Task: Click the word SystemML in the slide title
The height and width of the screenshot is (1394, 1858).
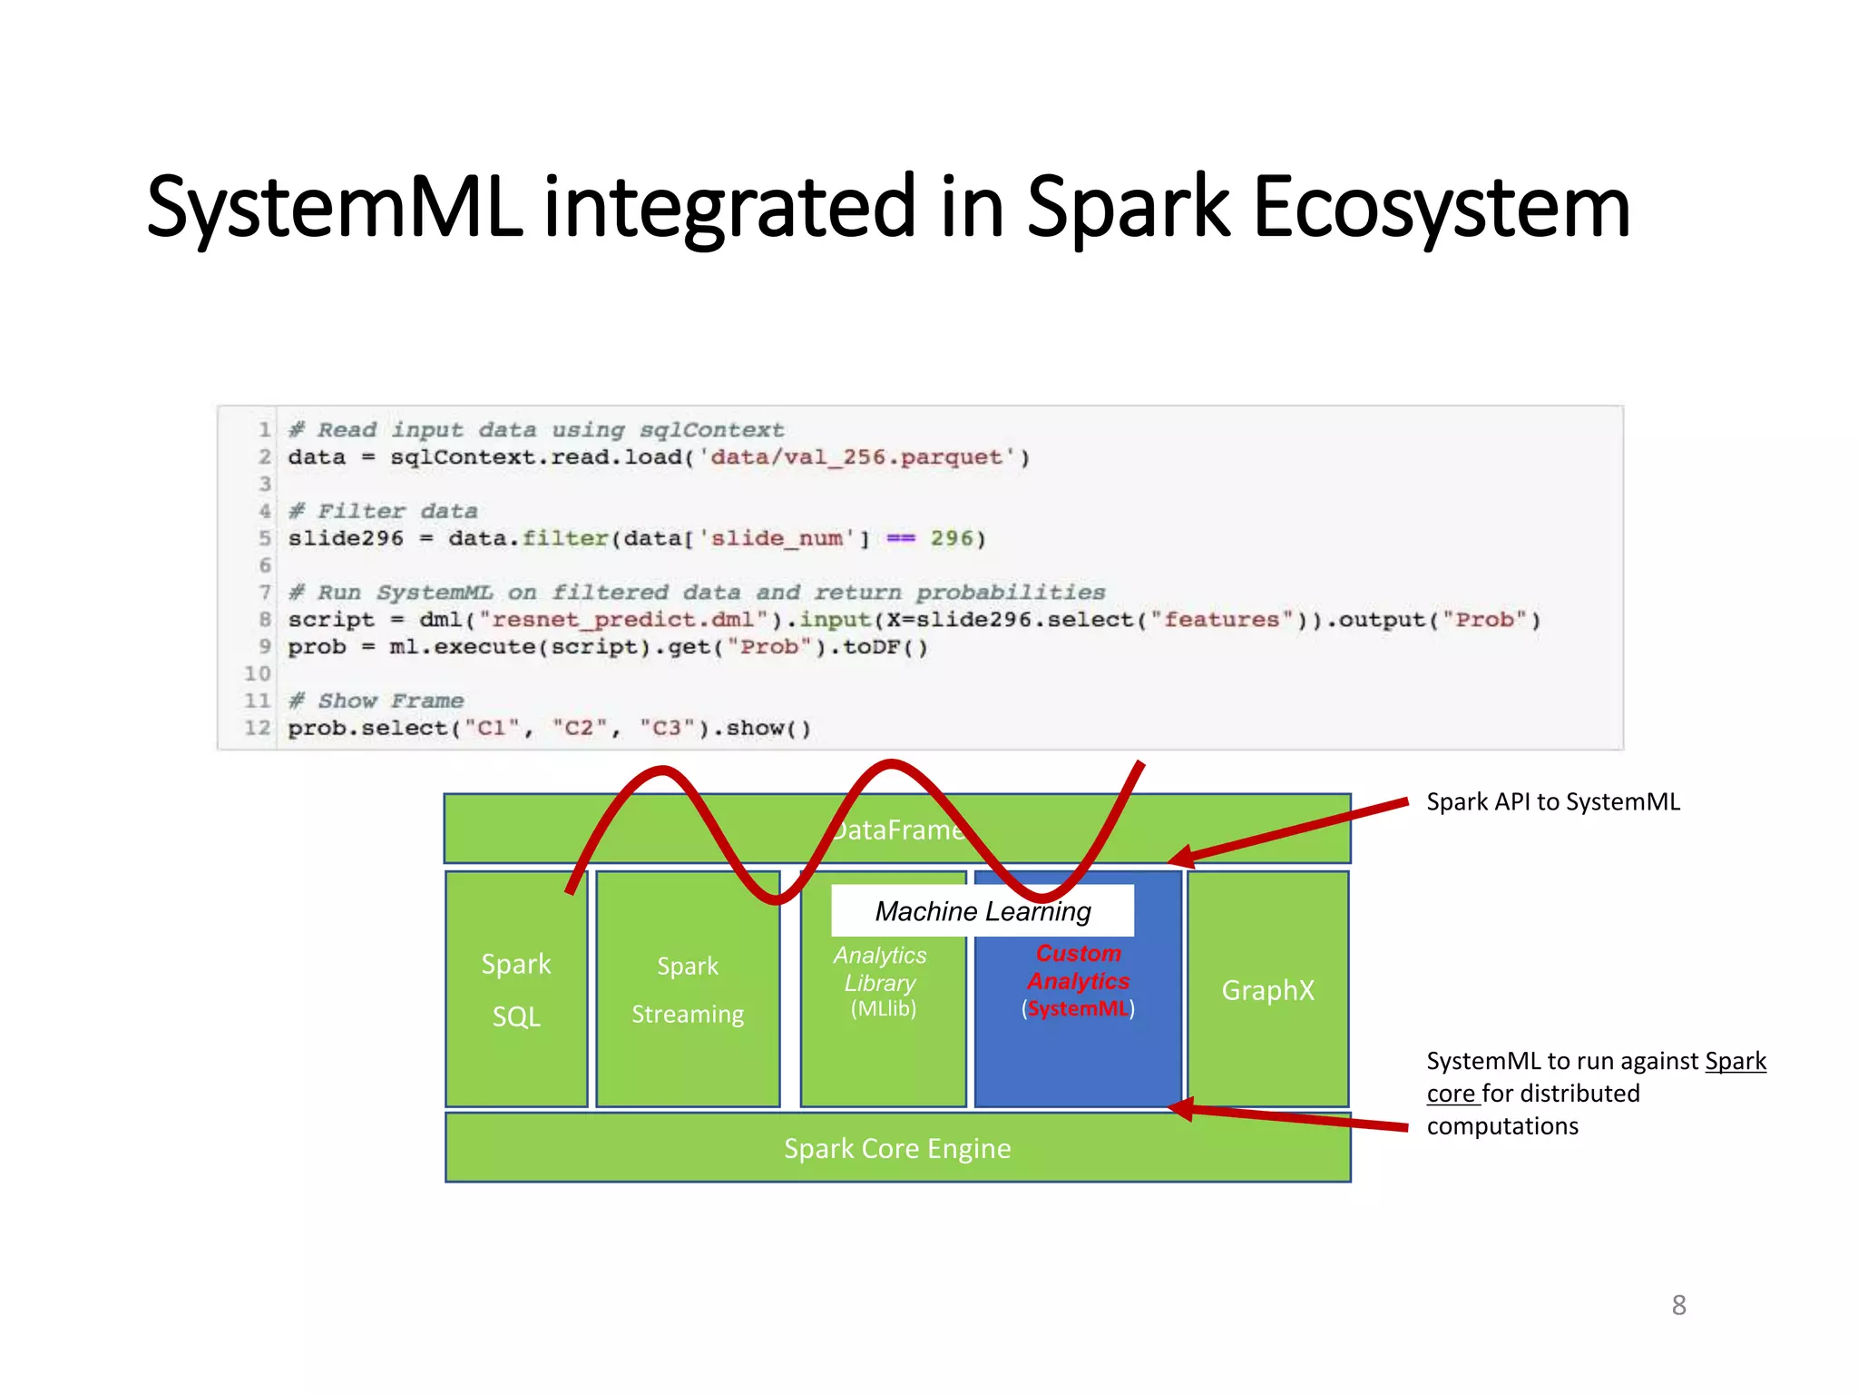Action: pyautogui.click(x=334, y=209)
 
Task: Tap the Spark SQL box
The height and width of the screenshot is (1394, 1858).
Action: pyautogui.click(x=515, y=989)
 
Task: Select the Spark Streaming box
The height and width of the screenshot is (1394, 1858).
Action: pyautogui.click(x=688, y=989)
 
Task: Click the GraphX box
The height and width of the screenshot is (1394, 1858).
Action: pyautogui.click(x=1267, y=990)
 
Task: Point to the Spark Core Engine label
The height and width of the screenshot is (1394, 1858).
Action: pyautogui.click(x=896, y=1149)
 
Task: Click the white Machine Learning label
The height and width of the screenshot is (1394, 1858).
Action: pyautogui.click(x=983, y=911)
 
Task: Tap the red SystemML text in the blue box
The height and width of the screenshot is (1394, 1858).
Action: pyautogui.click(x=1078, y=1009)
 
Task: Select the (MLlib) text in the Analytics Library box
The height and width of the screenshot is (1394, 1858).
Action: pyautogui.click(x=883, y=1009)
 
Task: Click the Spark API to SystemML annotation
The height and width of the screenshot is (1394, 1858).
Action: pyautogui.click(x=1552, y=802)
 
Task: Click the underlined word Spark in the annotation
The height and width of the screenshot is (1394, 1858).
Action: pyautogui.click(x=1735, y=1061)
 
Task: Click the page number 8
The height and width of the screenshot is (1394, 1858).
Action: pyautogui.click(x=1678, y=1305)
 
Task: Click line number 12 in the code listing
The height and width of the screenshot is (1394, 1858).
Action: pyautogui.click(x=257, y=728)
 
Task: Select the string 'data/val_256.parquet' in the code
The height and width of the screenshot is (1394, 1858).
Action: pyautogui.click(x=856, y=457)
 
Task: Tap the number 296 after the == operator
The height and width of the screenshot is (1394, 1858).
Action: pyautogui.click(x=951, y=539)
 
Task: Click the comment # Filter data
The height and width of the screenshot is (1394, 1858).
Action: pyautogui.click(x=383, y=512)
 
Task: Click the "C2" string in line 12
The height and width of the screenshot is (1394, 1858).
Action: pyautogui.click(x=578, y=728)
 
